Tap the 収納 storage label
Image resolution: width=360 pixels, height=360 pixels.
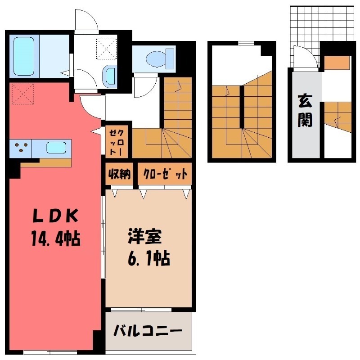tap(118, 174)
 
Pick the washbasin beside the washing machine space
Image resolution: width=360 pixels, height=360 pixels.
tap(109, 76)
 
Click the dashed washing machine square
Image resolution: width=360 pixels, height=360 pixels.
tap(107, 48)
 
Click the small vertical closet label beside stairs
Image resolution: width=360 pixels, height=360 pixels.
tap(118, 140)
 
